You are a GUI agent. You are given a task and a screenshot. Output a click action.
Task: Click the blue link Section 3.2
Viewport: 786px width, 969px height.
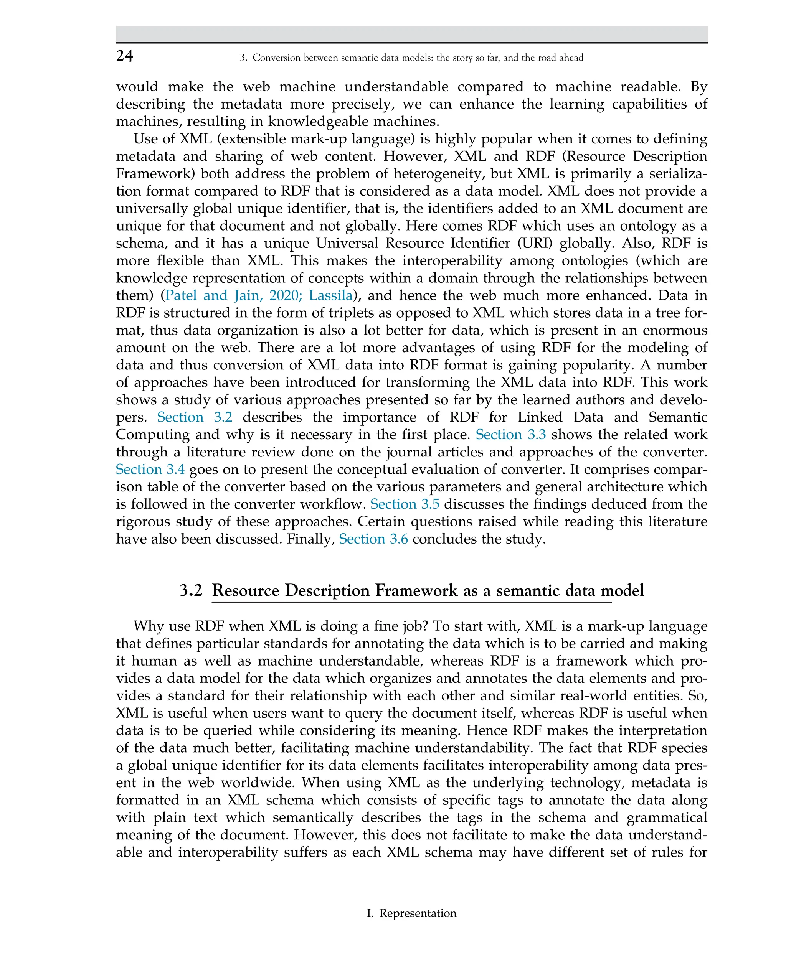click(195, 417)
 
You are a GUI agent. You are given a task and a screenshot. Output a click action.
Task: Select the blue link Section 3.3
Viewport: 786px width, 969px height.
click(510, 435)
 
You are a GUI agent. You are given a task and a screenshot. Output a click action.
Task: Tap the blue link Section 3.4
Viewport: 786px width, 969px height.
click(150, 469)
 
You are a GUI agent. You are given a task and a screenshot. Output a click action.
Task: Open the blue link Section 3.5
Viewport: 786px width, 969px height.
click(405, 504)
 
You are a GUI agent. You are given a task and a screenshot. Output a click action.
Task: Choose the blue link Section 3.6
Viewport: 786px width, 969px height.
click(373, 539)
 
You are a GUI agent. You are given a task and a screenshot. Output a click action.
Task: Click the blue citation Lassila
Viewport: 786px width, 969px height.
click(330, 295)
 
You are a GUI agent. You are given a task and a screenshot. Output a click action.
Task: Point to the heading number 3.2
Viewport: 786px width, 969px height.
click(191, 591)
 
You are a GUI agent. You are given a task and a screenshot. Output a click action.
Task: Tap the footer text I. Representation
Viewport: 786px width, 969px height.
click(411, 913)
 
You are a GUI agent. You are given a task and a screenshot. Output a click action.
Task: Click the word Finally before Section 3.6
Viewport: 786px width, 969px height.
click(310, 539)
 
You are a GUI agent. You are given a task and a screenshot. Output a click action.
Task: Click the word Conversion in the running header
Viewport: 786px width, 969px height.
click(277, 58)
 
